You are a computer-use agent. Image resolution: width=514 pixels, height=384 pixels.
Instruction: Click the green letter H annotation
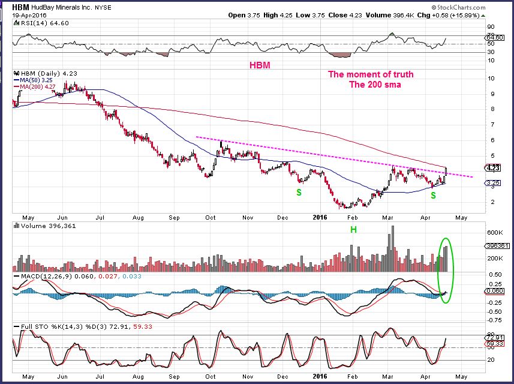353,229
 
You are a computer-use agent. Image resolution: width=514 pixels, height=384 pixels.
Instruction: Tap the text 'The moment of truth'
370,74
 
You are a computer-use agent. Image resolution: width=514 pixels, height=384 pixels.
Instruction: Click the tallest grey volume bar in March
392,247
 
